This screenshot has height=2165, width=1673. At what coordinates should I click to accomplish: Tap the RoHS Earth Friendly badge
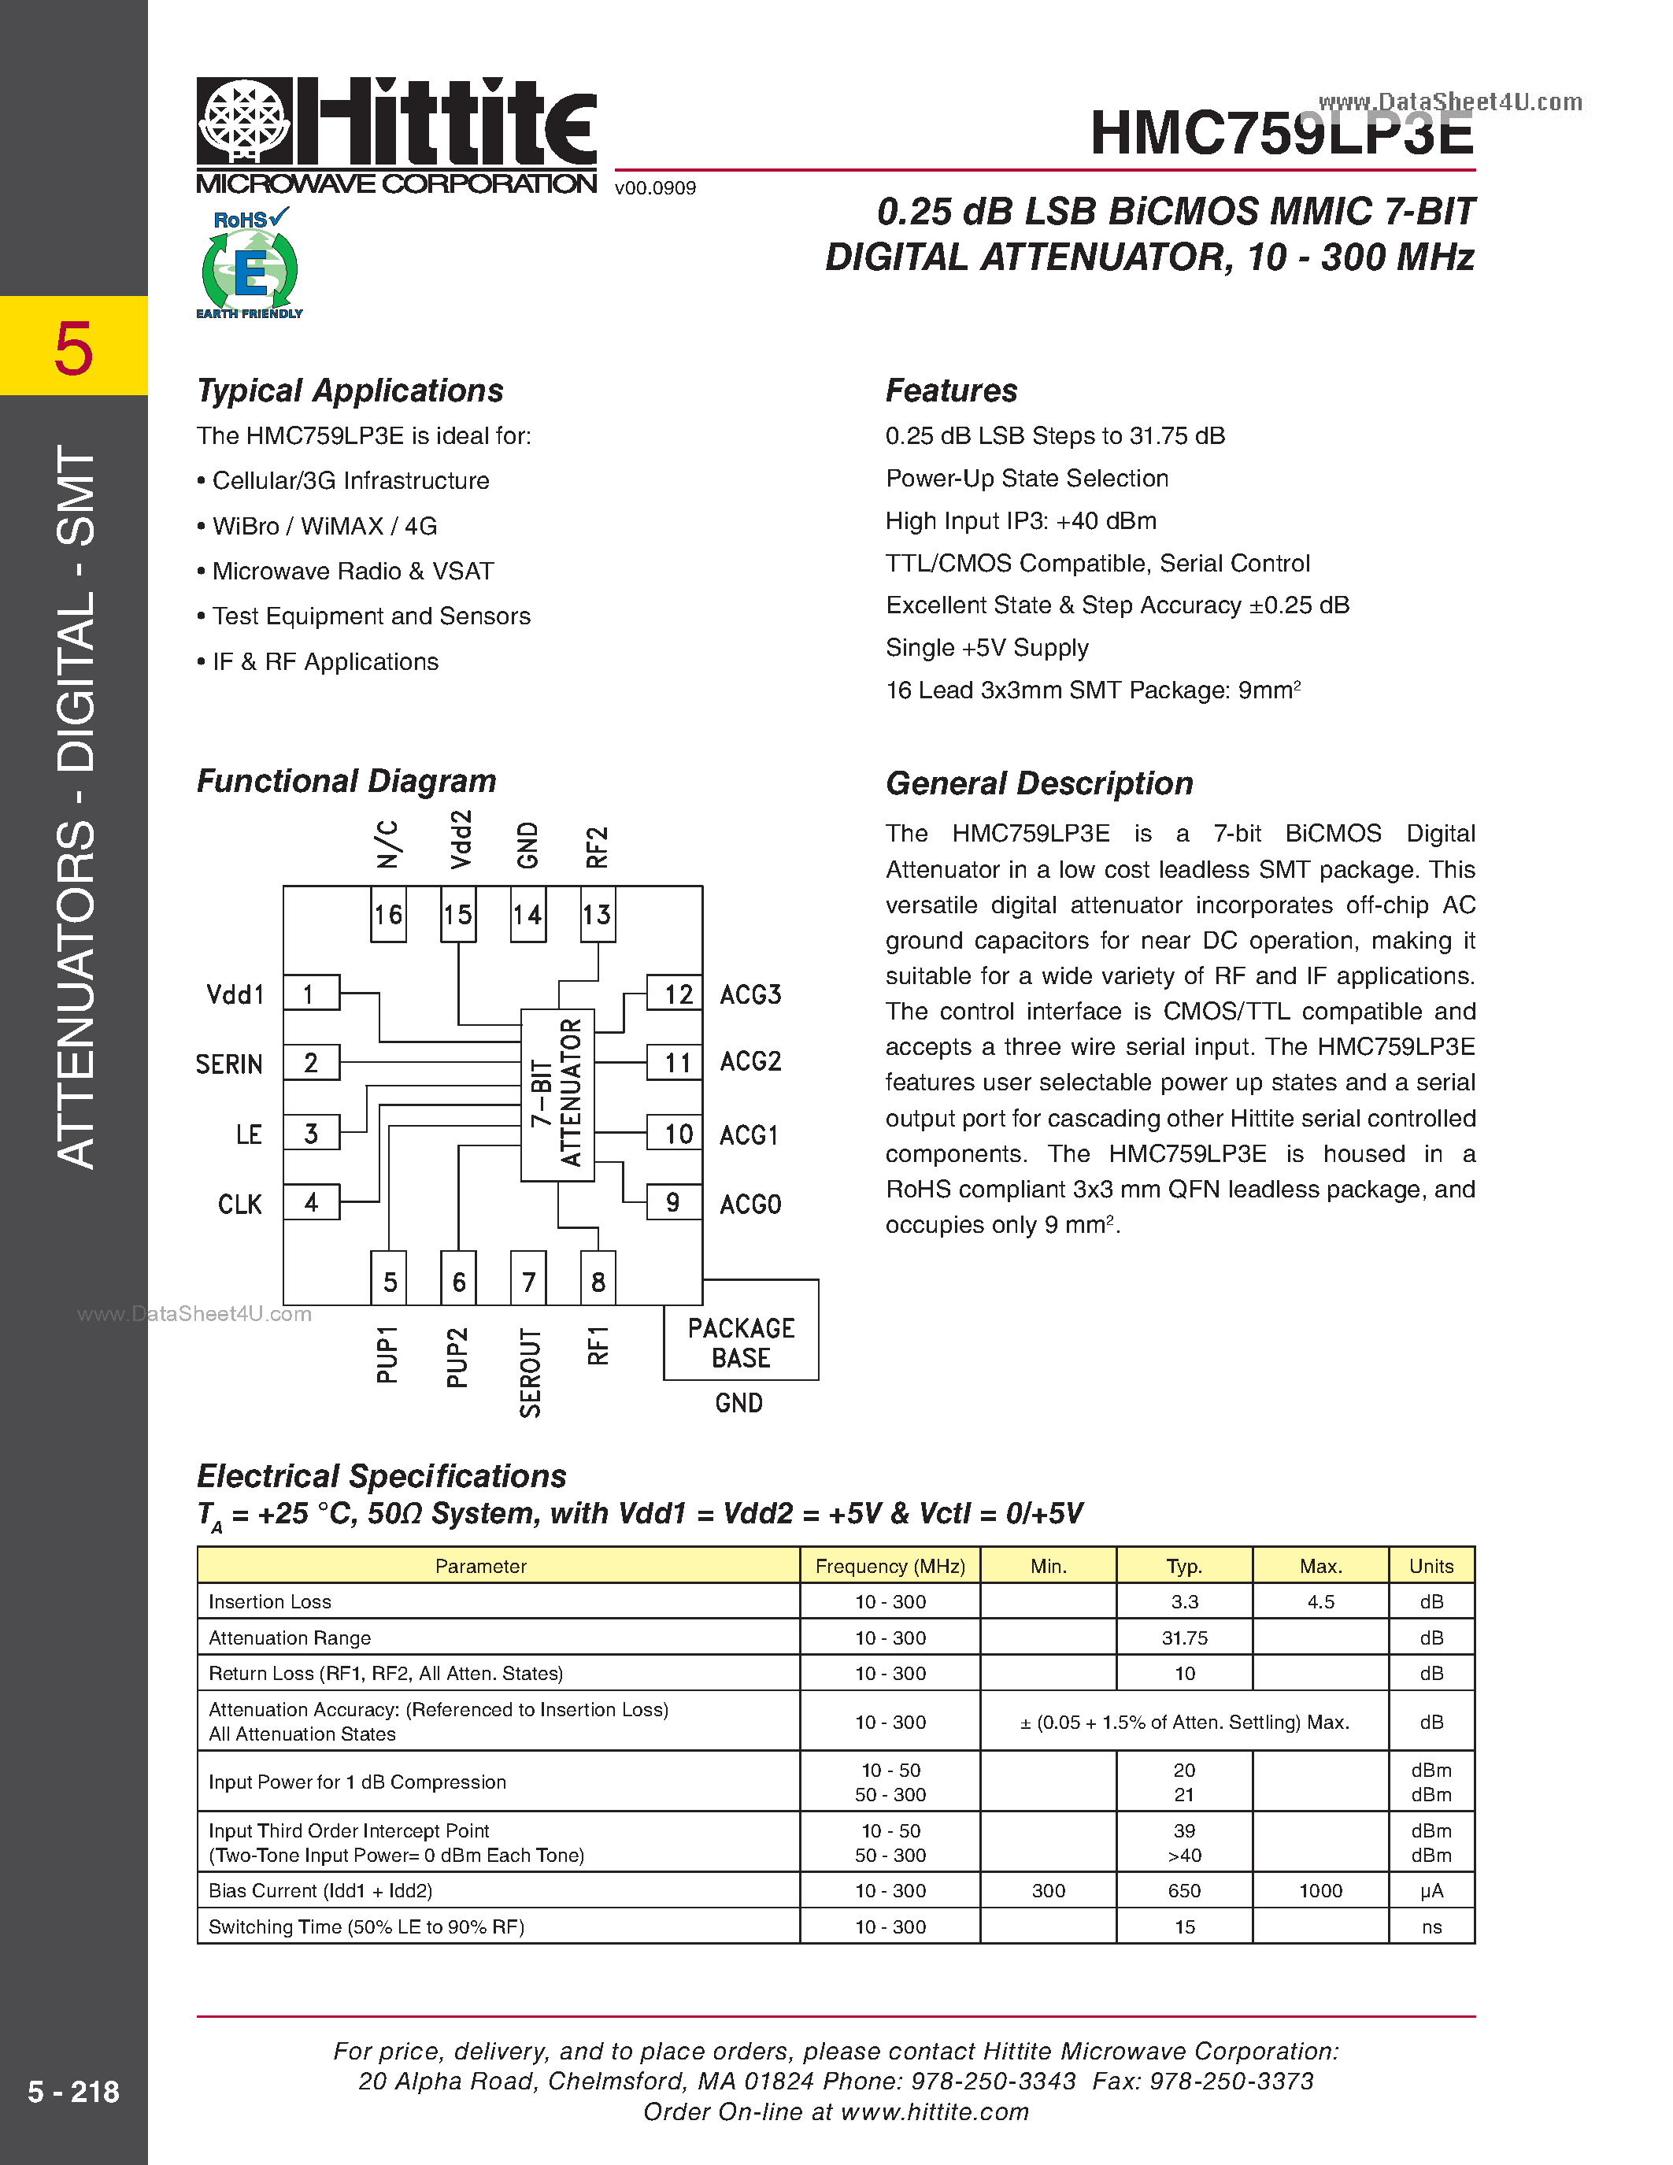point(249,264)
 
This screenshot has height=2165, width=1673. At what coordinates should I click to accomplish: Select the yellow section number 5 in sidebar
point(73,349)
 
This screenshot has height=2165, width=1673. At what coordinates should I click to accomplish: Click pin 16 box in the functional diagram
point(387,914)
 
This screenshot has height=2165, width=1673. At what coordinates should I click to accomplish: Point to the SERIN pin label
point(229,1064)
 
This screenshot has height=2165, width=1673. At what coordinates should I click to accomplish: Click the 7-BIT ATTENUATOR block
point(557,1094)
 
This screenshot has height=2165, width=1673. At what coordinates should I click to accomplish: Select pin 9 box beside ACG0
point(673,1202)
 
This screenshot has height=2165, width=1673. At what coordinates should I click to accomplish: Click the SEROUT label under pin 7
point(531,1373)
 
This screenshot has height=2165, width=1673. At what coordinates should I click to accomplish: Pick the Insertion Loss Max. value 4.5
point(1320,1602)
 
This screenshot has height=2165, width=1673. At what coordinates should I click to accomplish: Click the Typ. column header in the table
point(1183,1566)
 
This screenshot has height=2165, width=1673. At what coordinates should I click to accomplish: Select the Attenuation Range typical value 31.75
point(1183,1638)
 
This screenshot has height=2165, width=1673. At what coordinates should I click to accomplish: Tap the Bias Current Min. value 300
point(1048,1890)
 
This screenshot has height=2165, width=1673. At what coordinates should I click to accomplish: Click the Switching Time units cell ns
point(1431,1927)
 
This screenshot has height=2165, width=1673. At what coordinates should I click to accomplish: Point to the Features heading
point(950,390)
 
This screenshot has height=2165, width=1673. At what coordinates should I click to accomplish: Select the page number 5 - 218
point(73,2092)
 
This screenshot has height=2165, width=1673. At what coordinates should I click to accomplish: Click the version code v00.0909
point(655,188)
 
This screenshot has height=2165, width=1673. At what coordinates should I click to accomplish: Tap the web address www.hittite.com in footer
point(934,2111)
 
